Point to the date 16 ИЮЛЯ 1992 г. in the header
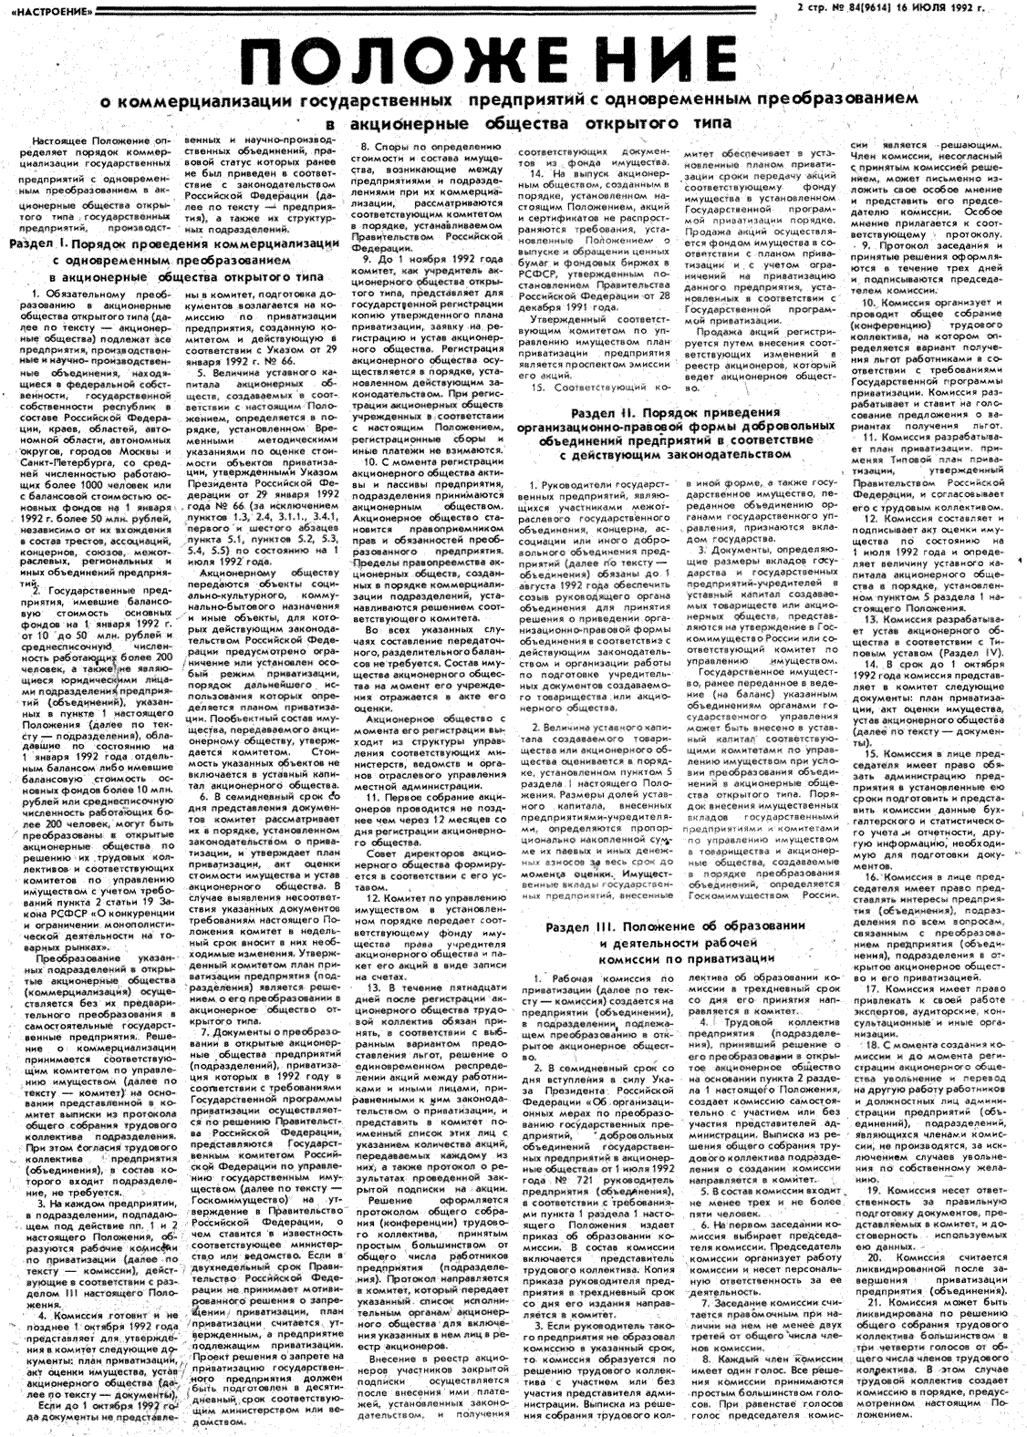[952, 9]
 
